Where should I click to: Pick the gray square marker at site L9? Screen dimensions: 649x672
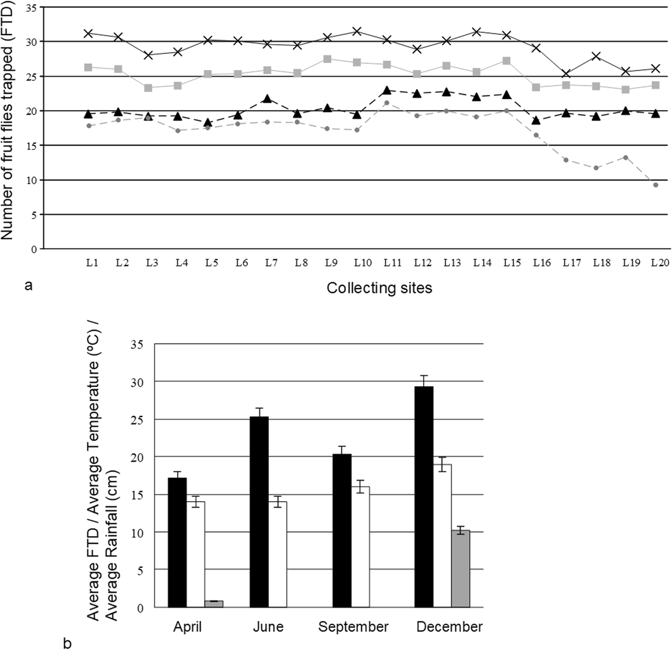point(327,59)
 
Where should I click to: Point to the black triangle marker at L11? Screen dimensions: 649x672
point(386,90)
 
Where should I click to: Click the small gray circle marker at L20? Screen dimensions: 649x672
point(655,185)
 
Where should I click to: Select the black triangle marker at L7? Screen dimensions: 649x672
point(268,99)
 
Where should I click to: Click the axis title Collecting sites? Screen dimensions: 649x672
point(379,288)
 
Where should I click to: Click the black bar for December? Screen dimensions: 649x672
point(424,496)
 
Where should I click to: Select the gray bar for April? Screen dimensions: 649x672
point(214,604)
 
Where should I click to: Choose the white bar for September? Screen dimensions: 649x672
point(360,546)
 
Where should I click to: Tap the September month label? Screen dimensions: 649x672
point(353,627)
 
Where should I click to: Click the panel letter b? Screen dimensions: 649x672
point(66,643)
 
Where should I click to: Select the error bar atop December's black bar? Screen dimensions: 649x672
point(424,381)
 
